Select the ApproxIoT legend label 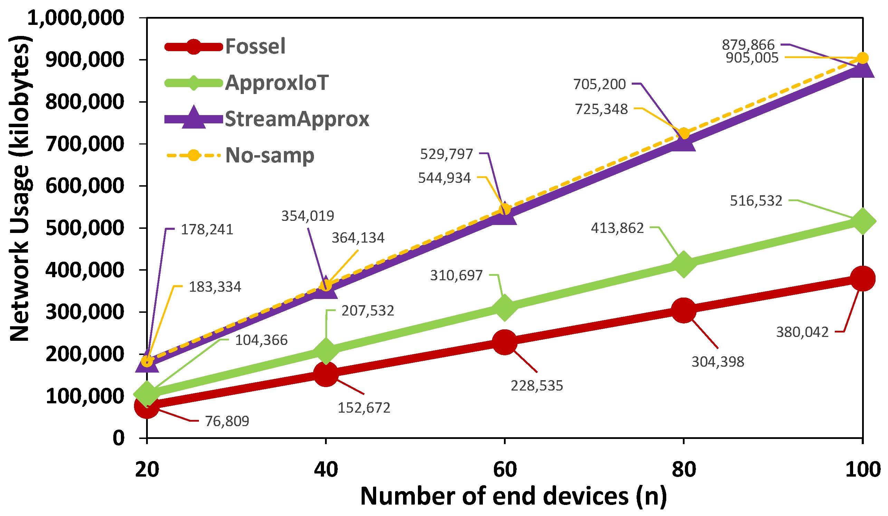click(277, 83)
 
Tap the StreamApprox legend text click(297, 119)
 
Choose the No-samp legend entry click(269, 156)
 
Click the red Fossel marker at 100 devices click(862, 279)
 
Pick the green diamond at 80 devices click(684, 264)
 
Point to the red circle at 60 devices click(505, 342)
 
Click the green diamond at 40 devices click(326, 350)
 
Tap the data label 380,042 click(802, 332)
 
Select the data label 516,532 click(756, 201)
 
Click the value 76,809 click(227, 421)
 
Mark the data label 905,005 click(752, 58)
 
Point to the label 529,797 click(446, 154)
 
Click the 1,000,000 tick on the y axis click(76, 18)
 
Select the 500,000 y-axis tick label click(85, 228)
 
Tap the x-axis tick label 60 click(505, 470)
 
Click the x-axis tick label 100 click(863, 470)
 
